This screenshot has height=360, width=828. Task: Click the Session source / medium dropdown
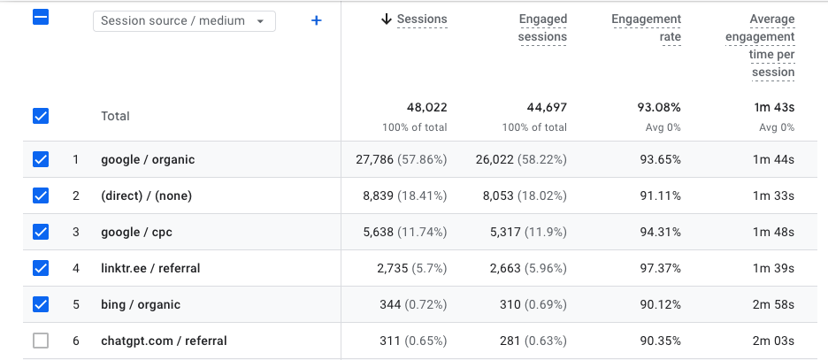184,20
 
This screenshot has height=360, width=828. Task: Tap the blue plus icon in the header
316,20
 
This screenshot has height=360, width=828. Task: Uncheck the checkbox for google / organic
41,160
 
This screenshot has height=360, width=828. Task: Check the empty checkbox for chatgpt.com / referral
41,341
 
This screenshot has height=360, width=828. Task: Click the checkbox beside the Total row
41,116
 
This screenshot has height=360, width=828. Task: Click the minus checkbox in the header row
41,18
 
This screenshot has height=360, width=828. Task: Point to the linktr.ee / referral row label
150,268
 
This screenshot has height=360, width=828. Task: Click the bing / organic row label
141,304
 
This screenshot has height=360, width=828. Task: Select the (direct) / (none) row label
146,195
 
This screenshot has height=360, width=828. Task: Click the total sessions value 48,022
426,108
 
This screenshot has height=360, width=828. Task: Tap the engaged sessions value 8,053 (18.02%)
521,195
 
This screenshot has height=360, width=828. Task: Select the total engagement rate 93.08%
658,108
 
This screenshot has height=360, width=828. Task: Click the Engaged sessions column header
542,27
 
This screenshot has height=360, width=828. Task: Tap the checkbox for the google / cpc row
41,232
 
